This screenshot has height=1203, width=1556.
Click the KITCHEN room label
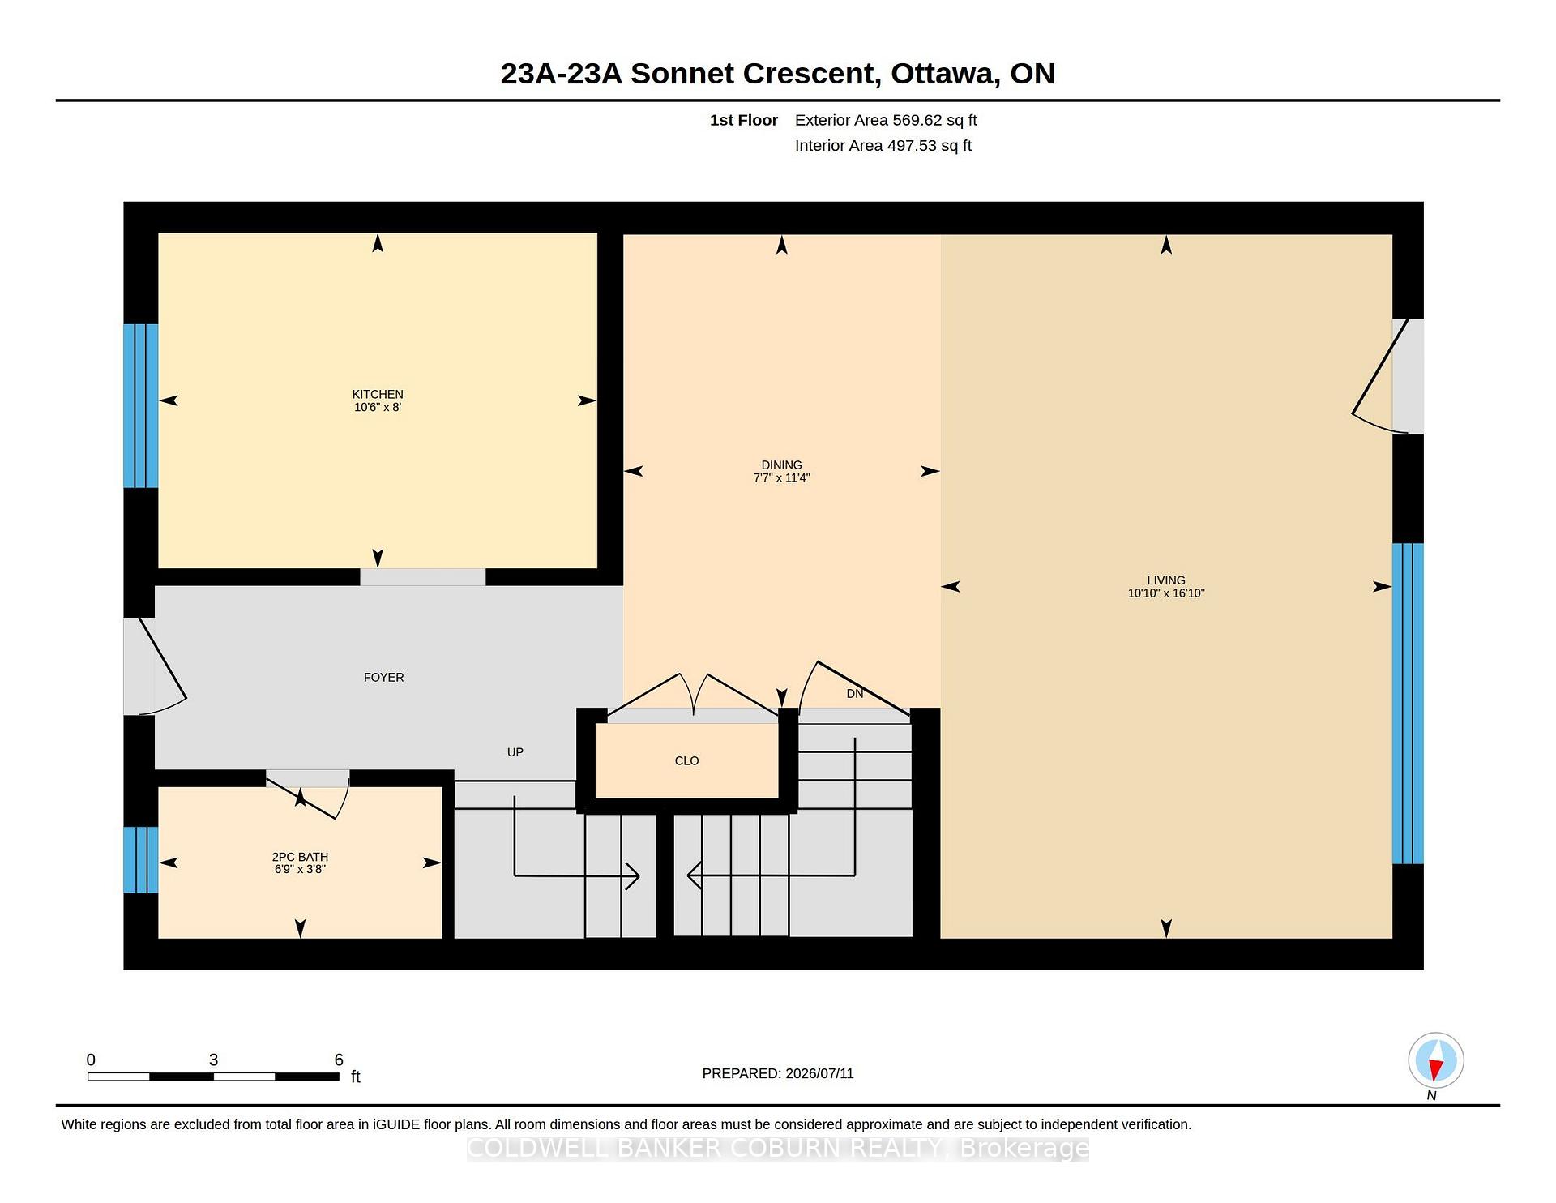pos(378,394)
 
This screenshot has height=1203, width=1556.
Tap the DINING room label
pos(781,465)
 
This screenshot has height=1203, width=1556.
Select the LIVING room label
pos(1166,580)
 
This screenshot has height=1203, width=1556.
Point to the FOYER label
pos(383,677)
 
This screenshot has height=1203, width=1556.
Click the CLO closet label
pos(686,760)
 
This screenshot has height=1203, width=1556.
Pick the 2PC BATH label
pos(300,856)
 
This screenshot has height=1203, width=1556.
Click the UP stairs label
pos(515,752)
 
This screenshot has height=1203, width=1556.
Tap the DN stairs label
pos(855,693)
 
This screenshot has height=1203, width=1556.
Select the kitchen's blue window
pos(140,405)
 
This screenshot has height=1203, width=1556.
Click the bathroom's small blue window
pos(140,859)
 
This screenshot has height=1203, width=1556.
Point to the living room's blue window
pos(1408,703)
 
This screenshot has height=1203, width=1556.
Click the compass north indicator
pos(1436,1060)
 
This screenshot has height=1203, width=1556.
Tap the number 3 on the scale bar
pos(213,1060)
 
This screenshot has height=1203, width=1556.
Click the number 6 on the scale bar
pos(339,1060)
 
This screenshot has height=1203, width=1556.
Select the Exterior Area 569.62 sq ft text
pos(886,120)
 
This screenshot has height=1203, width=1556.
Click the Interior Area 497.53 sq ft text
pos(883,146)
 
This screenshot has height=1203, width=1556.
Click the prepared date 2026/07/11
pos(819,1073)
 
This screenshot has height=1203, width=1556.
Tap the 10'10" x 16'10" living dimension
pos(1166,593)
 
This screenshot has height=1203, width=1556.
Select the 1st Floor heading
pos(744,120)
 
